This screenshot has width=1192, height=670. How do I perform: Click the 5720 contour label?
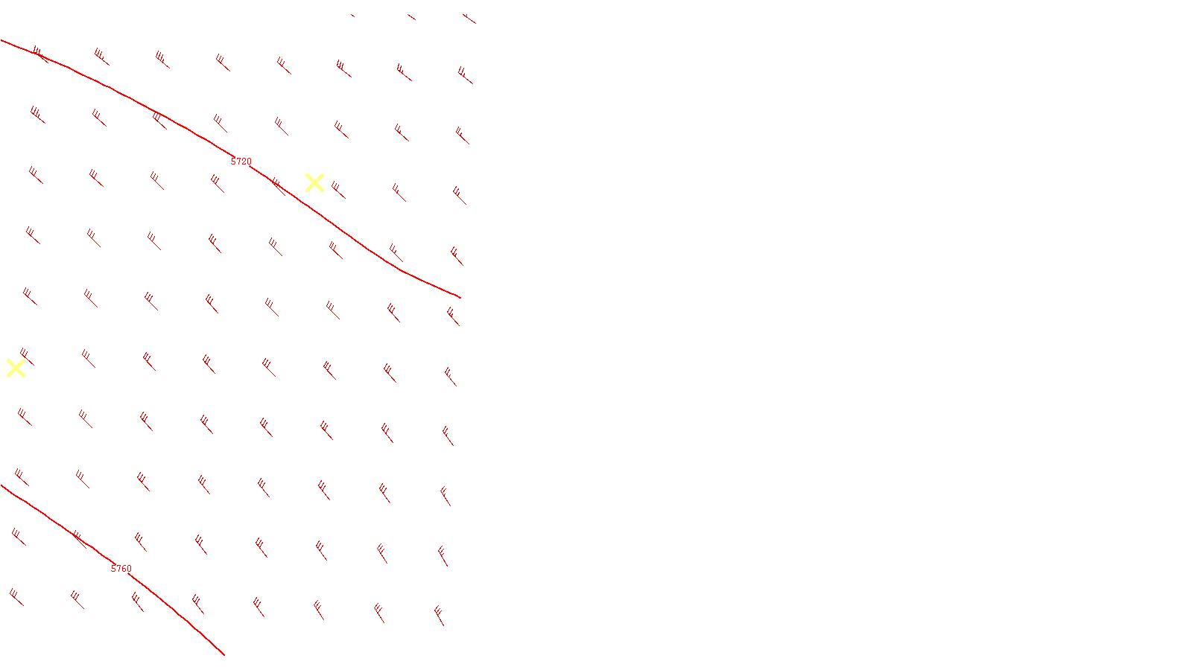click(x=241, y=162)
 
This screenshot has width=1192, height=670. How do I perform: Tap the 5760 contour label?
click(x=121, y=569)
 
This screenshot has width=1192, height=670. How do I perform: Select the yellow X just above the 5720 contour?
click(x=314, y=182)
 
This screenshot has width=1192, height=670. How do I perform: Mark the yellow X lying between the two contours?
click(x=16, y=368)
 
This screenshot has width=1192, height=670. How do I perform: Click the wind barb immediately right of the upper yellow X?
click(x=338, y=190)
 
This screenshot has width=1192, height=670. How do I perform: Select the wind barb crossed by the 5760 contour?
click(x=79, y=538)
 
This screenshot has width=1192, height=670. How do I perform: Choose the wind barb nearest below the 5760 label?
click(x=137, y=602)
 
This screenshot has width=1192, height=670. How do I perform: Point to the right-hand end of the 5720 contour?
click(x=460, y=297)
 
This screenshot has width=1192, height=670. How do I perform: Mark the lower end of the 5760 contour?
click(x=223, y=654)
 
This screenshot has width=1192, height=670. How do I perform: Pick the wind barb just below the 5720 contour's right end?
click(x=453, y=316)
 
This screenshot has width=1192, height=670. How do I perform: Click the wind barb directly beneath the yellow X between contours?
click(x=24, y=416)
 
